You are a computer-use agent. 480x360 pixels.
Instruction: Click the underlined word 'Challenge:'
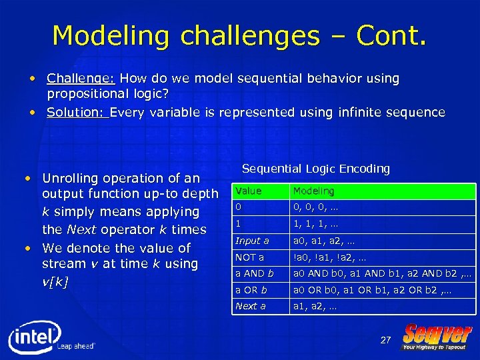tap(71, 79)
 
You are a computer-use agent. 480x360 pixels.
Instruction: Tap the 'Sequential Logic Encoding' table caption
tap(315, 169)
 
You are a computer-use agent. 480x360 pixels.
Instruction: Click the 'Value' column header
tap(248, 191)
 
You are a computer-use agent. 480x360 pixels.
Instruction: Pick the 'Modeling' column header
tap(313, 191)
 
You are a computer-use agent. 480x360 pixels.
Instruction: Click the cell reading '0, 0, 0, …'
tap(316, 208)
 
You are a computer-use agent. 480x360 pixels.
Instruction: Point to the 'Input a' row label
tap(252, 241)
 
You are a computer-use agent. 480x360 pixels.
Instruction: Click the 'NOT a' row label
tap(250, 257)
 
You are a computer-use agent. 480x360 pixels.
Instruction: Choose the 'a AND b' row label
tap(254, 273)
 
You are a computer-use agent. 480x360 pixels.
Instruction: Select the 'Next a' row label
tap(251, 306)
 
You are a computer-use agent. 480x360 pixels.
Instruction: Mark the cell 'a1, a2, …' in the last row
tap(315, 306)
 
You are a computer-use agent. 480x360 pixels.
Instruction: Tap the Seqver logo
tap(437, 336)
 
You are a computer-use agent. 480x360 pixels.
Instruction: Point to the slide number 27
tap(385, 340)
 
